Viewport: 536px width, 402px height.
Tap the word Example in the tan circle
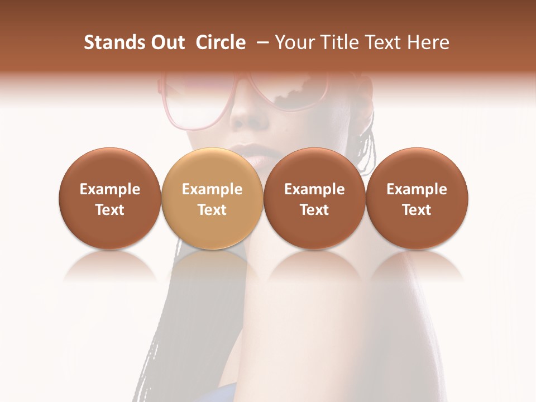[212, 189]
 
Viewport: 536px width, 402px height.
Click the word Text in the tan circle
[212, 210]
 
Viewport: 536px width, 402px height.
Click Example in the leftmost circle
[110, 189]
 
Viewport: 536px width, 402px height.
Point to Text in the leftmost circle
[110, 210]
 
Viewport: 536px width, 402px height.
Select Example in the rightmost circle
[417, 189]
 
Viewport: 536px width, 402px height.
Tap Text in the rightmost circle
[417, 210]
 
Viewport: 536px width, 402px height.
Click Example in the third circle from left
[314, 189]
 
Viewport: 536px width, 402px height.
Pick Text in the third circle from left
[314, 210]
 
